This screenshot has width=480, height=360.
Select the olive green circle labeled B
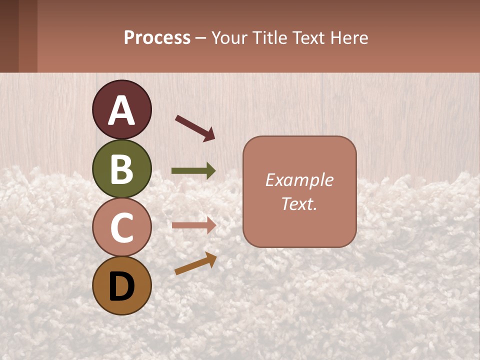point(122,168)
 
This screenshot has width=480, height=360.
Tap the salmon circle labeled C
point(122,227)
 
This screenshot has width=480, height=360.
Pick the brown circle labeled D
point(122,285)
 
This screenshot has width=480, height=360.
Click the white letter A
point(122,111)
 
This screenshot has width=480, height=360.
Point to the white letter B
point(122,169)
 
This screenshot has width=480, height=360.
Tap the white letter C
point(122,228)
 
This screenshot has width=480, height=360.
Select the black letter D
point(122,286)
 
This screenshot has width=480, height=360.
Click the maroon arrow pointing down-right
point(194,128)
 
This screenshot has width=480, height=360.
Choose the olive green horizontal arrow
point(193,171)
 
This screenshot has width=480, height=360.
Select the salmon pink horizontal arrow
point(193,226)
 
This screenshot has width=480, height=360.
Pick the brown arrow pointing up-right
point(195,263)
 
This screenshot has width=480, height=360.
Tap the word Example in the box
point(299,180)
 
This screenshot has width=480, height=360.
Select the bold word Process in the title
point(157,38)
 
